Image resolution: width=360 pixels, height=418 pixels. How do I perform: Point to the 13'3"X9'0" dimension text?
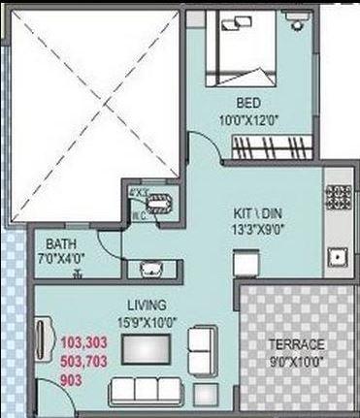[250, 231]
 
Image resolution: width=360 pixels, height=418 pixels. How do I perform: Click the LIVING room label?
[146, 303]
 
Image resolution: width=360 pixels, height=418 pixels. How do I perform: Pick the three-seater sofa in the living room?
[145, 392]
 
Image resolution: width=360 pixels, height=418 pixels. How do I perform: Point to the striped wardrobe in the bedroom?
[271, 147]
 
